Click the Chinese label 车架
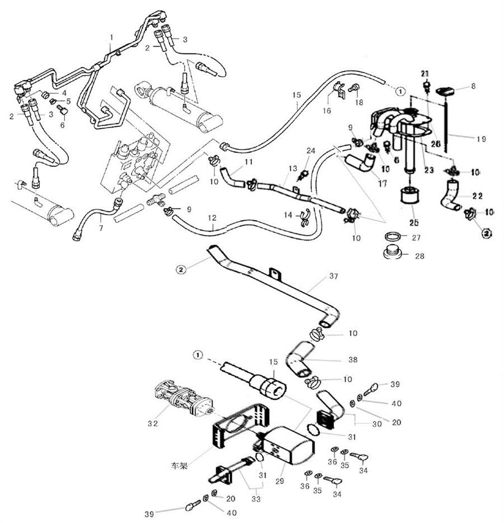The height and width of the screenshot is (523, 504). (x=179, y=465)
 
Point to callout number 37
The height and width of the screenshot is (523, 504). (x=334, y=276)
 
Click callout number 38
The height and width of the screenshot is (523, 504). (x=352, y=359)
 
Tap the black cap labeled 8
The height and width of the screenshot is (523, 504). (x=445, y=90)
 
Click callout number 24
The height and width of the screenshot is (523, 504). (x=311, y=150)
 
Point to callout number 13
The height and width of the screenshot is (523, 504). (x=292, y=169)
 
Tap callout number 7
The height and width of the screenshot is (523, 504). (x=101, y=228)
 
